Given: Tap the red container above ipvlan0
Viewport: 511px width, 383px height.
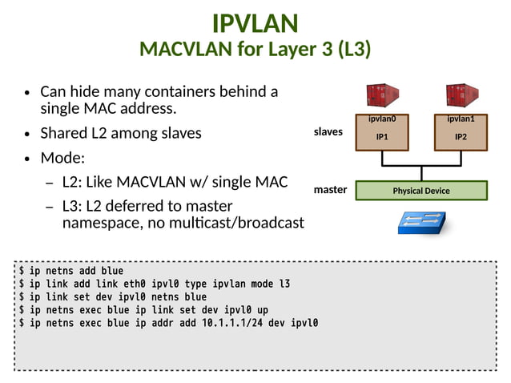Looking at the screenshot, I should point(382,96).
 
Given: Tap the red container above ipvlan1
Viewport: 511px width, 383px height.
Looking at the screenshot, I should point(461,96).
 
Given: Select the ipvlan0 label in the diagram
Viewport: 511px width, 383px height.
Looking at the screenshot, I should point(382,119).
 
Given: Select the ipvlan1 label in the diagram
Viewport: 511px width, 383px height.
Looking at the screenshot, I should point(461,119).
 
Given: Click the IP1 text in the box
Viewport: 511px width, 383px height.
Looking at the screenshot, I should point(382,137).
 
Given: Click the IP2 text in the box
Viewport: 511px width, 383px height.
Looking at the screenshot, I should point(461,137).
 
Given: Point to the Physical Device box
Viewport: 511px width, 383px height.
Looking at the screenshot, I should point(421,191).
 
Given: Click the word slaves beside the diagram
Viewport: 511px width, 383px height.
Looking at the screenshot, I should point(328,131).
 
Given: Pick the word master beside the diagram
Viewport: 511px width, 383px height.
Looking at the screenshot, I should point(330,190).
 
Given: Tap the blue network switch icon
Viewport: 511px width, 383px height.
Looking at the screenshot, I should point(421,222).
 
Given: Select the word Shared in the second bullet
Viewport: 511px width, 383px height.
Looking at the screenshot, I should point(65,133).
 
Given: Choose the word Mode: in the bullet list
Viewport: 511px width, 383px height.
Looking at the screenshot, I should point(62,158).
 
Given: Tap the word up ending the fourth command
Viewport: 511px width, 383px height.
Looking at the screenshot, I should point(263,310).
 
